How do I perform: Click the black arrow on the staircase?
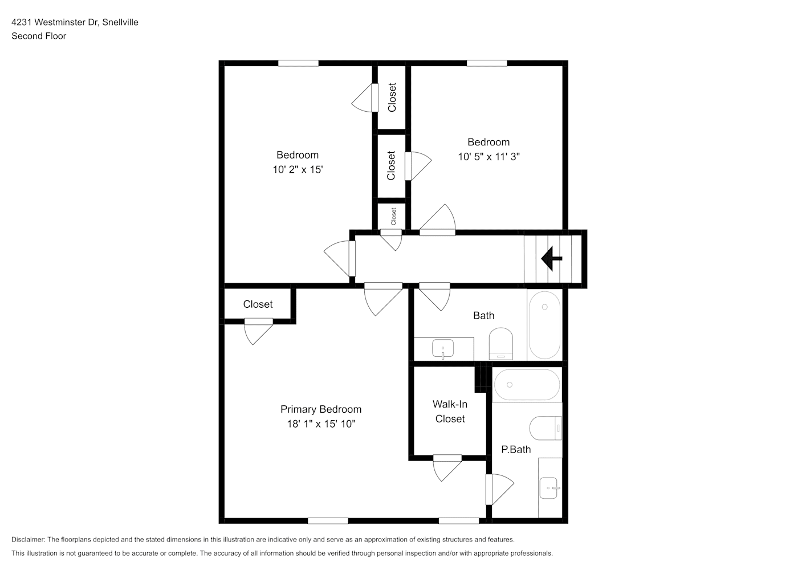coord(551,258)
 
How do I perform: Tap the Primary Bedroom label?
coord(321,409)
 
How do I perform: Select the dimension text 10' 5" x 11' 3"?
coord(489,157)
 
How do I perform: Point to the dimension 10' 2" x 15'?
coord(298,169)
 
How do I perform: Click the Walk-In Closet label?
coord(450,412)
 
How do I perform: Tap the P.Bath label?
coord(516,449)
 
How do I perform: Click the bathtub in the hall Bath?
coord(544,325)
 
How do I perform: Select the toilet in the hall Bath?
coord(501,343)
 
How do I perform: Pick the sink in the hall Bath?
coord(443,348)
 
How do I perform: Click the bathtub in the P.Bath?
coord(527,385)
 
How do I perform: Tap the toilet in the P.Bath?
coord(546,428)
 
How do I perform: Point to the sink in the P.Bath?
coord(549,488)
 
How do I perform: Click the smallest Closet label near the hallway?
coord(393,216)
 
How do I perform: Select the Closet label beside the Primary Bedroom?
coord(258,304)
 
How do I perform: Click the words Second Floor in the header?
coord(39,36)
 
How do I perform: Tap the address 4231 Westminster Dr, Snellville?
coord(75,22)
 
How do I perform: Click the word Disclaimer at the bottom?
coord(29,539)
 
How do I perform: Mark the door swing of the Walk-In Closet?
coord(447,467)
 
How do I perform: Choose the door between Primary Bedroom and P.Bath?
coord(499,490)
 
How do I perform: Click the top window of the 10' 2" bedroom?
coord(298,63)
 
